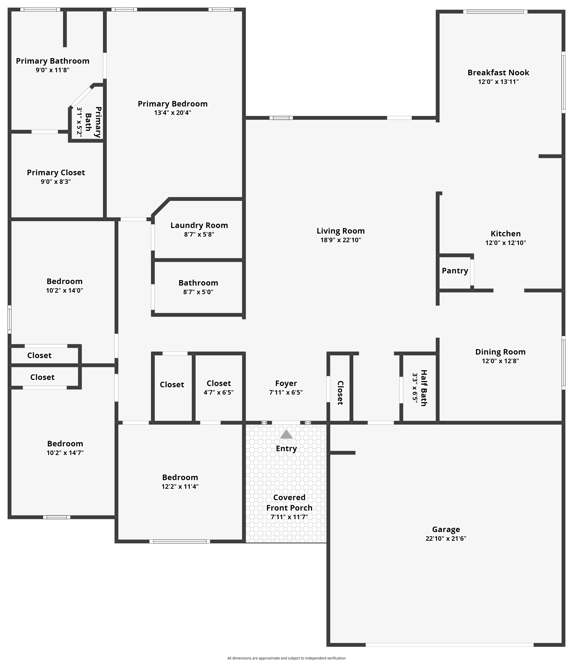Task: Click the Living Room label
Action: [341, 231]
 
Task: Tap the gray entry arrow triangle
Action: [286, 434]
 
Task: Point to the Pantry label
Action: [455, 271]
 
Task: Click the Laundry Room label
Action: [199, 225]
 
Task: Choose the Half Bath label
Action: [424, 388]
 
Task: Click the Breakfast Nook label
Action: [498, 73]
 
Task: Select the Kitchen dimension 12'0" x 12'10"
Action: [506, 243]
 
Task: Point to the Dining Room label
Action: [500, 352]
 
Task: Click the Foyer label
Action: [286, 383]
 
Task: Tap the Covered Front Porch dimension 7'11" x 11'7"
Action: [289, 517]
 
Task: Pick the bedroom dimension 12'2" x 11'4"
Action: [180, 486]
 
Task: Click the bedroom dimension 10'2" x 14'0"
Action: [65, 290]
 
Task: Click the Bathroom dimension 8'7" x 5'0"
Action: [198, 292]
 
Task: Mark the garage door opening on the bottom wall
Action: [449, 645]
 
